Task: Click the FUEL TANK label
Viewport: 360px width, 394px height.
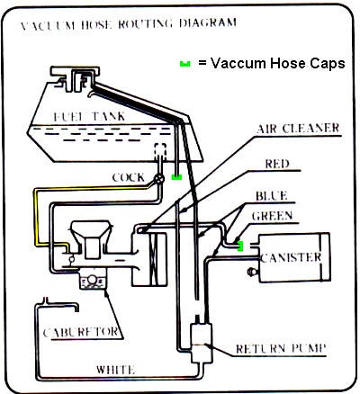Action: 89,116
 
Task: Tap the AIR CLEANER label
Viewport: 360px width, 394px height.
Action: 298,129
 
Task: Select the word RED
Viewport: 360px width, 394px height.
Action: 277,164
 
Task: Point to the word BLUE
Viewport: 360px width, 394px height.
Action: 272,196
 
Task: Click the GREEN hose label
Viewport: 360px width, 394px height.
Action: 272,216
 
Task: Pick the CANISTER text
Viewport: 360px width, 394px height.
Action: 291,257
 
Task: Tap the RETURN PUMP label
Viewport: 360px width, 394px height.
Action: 281,349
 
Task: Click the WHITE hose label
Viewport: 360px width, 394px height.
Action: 115,369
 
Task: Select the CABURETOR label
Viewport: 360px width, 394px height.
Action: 80,333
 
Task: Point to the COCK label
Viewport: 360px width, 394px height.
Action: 129,177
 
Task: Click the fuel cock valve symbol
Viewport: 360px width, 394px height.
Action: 159,179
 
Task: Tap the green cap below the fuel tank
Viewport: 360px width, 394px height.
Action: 176,177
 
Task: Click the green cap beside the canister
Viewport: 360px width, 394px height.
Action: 240,246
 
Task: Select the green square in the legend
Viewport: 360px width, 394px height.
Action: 184,64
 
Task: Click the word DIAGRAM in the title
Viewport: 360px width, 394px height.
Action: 208,23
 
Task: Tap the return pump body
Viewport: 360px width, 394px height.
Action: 202,344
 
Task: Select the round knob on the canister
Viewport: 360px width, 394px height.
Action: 251,272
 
